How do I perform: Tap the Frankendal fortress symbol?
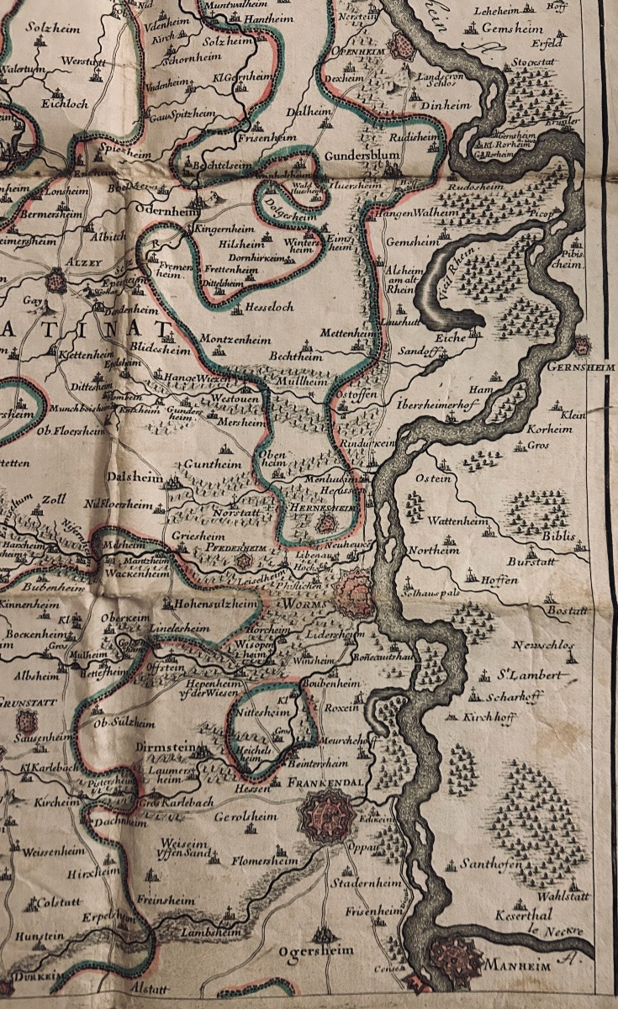coord(323,814)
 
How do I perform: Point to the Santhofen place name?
coord(491,864)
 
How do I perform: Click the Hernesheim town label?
coord(319,510)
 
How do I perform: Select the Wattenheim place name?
coord(457,521)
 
